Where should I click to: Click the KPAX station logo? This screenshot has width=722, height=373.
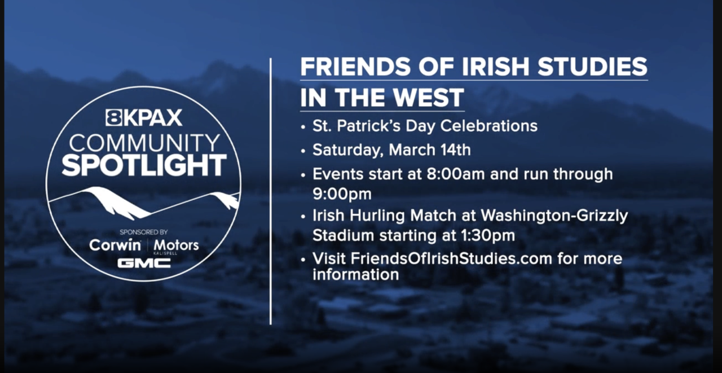click(144, 117)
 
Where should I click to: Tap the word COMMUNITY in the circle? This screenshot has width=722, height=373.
click(144, 142)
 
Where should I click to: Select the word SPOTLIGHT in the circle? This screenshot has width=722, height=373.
click(144, 165)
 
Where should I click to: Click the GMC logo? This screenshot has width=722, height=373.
click(144, 263)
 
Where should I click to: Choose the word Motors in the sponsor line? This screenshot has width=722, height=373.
click(176, 245)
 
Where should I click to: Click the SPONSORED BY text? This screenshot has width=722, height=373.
click(144, 232)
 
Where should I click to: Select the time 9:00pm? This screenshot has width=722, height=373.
click(342, 194)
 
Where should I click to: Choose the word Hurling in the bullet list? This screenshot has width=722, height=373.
click(378, 216)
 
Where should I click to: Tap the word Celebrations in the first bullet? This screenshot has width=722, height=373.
click(488, 126)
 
